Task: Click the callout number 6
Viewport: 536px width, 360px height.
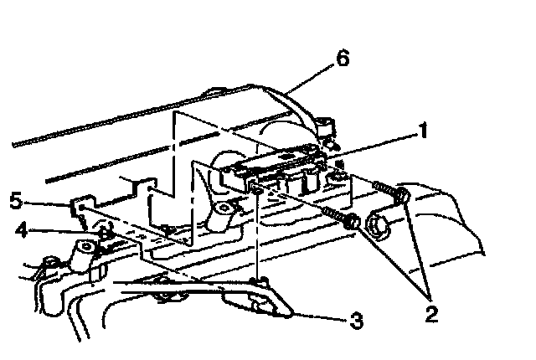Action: click(x=343, y=59)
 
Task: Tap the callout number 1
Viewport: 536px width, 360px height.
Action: click(x=425, y=131)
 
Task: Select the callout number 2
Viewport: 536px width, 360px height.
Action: click(x=431, y=315)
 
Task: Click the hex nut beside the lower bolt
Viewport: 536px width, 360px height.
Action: click(x=375, y=225)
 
